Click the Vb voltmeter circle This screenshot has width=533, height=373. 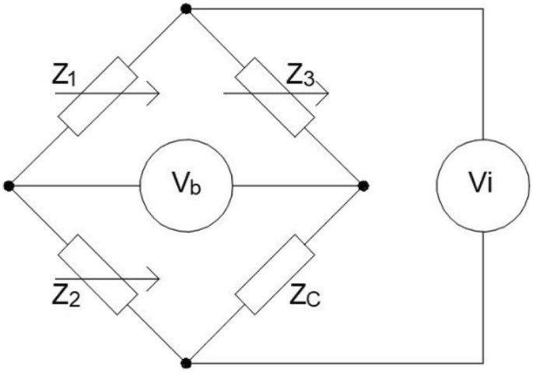point(185,186)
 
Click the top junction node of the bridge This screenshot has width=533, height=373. point(185,9)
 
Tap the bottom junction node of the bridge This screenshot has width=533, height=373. point(185,363)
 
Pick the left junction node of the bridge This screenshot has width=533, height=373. point(9,186)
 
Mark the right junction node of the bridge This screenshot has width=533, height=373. point(363,186)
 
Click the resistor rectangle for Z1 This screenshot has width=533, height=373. point(97,97)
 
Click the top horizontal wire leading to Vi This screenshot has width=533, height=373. point(335,9)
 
